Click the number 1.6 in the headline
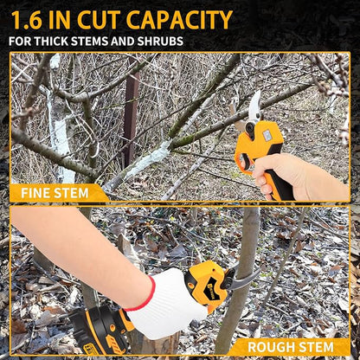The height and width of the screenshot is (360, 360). click(x=31, y=19)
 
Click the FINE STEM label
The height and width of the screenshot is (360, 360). click(x=54, y=192)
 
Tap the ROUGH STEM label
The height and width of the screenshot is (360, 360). click(x=291, y=347)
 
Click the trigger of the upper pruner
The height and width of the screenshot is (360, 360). click(x=257, y=160)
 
